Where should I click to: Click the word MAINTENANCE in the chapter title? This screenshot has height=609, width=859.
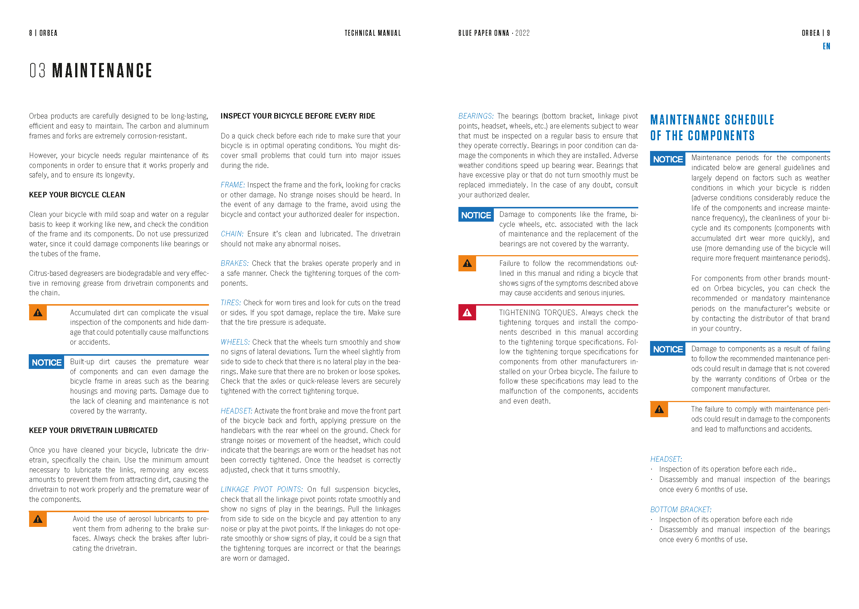(102, 71)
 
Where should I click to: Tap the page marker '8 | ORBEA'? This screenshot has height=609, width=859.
(43, 33)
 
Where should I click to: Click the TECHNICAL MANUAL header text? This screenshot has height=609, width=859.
(372, 33)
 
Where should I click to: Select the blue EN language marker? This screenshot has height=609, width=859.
(826, 46)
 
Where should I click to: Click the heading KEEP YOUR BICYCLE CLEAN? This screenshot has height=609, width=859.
(77, 195)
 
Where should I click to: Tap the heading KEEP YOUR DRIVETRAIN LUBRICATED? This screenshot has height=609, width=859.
(93, 430)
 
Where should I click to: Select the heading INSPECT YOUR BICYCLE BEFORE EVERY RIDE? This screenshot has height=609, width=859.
(298, 116)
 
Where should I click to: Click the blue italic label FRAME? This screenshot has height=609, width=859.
(232, 185)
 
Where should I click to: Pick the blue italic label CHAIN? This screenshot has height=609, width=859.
(232, 234)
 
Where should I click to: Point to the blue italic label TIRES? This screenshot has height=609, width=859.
(230, 303)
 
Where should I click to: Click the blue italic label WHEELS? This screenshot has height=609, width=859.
(234, 342)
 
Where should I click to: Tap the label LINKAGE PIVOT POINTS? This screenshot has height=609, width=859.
(261, 489)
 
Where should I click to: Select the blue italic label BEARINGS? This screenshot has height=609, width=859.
(475, 116)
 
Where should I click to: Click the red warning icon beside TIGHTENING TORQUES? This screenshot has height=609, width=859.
(467, 312)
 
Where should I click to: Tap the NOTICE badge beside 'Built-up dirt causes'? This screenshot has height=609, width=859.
(46, 363)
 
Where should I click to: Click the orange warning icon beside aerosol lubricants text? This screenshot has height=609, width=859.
(38, 519)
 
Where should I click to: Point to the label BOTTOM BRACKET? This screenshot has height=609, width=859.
(680, 510)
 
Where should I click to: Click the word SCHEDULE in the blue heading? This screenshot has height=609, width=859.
(749, 120)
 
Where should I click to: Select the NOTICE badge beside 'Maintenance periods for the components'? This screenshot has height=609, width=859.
(668, 159)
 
